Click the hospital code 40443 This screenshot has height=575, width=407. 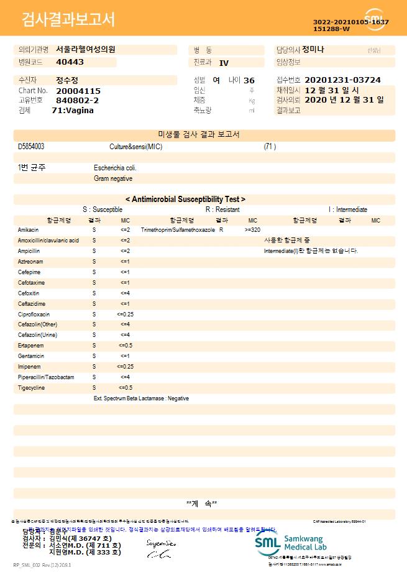pyautogui.click(x=70, y=62)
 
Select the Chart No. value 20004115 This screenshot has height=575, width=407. pyautogui.click(x=78, y=91)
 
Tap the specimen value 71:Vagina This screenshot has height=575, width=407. pyautogui.click(x=73, y=110)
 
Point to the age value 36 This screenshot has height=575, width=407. pyautogui.click(x=249, y=80)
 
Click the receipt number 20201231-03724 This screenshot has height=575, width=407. pyautogui.click(x=343, y=80)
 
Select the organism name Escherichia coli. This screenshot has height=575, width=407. pyautogui.click(x=115, y=168)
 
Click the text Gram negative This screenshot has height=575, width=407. pyautogui.click(x=113, y=178)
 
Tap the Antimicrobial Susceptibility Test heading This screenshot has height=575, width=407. pyautogui.click(x=185, y=199)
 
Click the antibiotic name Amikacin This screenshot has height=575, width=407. pyautogui.click(x=29, y=230)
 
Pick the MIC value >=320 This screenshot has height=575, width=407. pyautogui.click(x=252, y=230)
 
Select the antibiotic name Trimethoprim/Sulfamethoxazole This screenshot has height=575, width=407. pyautogui.click(x=178, y=230)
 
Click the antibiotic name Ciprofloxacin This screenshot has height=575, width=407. pyautogui.click(x=34, y=315)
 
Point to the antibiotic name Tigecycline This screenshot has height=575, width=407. pyautogui.click(x=31, y=388)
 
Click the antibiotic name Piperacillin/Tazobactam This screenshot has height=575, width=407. pyautogui.click(x=46, y=377)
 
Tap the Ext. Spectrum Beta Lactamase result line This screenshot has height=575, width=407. pyautogui.click(x=141, y=398)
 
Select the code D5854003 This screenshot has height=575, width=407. pyautogui.click(x=31, y=146)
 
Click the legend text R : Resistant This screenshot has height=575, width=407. pyautogui.click(x=222, y=209)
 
